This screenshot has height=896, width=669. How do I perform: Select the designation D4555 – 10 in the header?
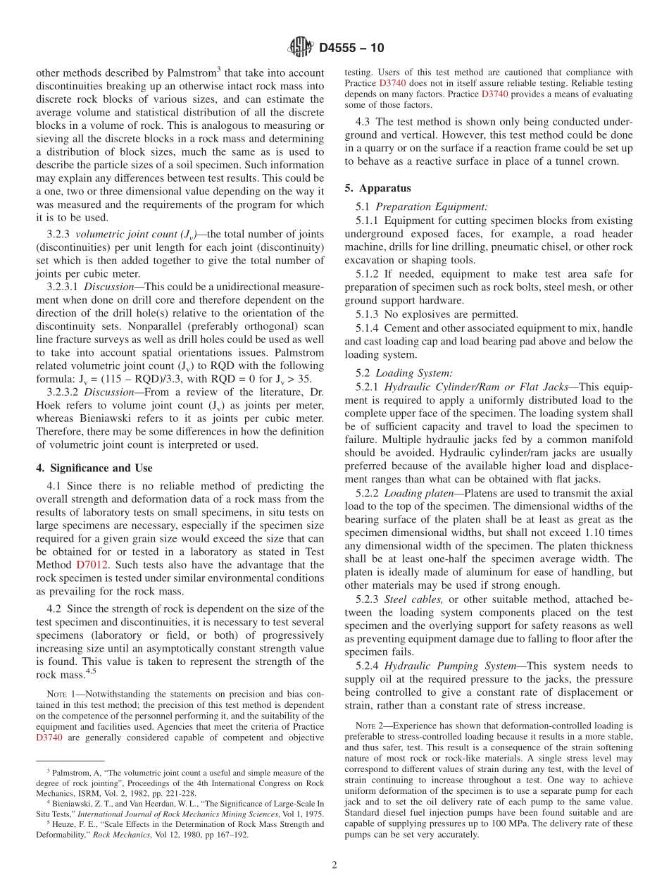point(351,48)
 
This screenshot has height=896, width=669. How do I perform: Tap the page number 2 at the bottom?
point(334,865)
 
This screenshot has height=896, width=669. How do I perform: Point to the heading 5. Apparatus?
point(377,188)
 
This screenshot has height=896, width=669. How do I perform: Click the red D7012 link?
point(90,564)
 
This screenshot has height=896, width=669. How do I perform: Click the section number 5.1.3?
point(370,314)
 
